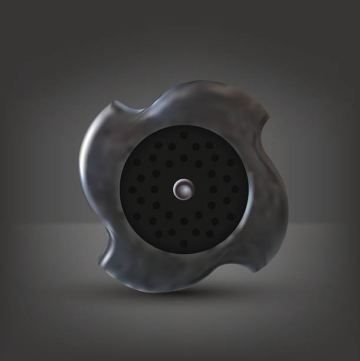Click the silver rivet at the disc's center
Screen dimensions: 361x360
pos(183,189)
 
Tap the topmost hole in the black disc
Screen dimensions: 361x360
pos(184,135)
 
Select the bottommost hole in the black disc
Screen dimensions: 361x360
pos(184,244)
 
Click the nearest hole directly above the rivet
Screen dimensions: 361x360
pos(184,157)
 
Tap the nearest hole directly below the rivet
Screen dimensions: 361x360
pos(184,221)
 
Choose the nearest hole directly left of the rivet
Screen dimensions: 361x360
pos(154,189)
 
